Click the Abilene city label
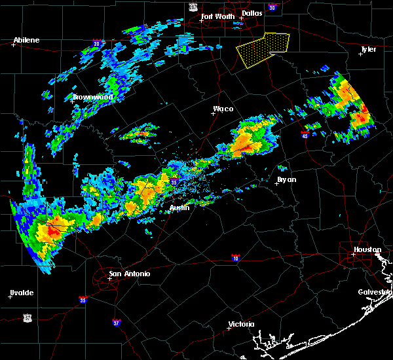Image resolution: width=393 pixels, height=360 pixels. coord(26,40)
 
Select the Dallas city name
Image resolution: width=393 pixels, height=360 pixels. coord(252,13)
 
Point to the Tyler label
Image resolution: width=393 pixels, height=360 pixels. coord(368,49)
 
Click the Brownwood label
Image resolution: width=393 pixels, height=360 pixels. coord(92,97)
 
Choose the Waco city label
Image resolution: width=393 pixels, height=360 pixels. coord(223,109)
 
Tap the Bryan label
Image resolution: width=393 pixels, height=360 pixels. coord(286,179)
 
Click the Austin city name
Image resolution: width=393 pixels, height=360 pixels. coord(179,207)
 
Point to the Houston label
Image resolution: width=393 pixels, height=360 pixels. coord(367,249)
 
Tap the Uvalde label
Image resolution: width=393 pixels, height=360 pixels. coord(22,293)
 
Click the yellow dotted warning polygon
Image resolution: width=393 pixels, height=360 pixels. coord(262,49)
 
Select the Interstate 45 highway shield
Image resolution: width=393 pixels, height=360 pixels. coord(305,135)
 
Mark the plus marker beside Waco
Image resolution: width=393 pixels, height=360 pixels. coord(213,113)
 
